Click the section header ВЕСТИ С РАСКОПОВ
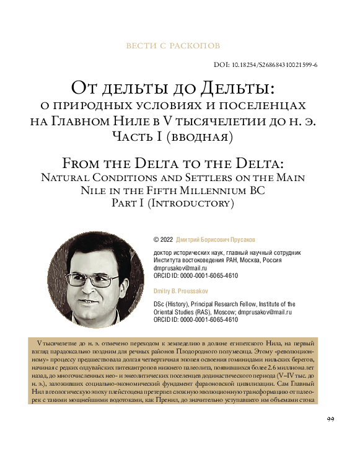[173, 46]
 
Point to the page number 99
[330, 420]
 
